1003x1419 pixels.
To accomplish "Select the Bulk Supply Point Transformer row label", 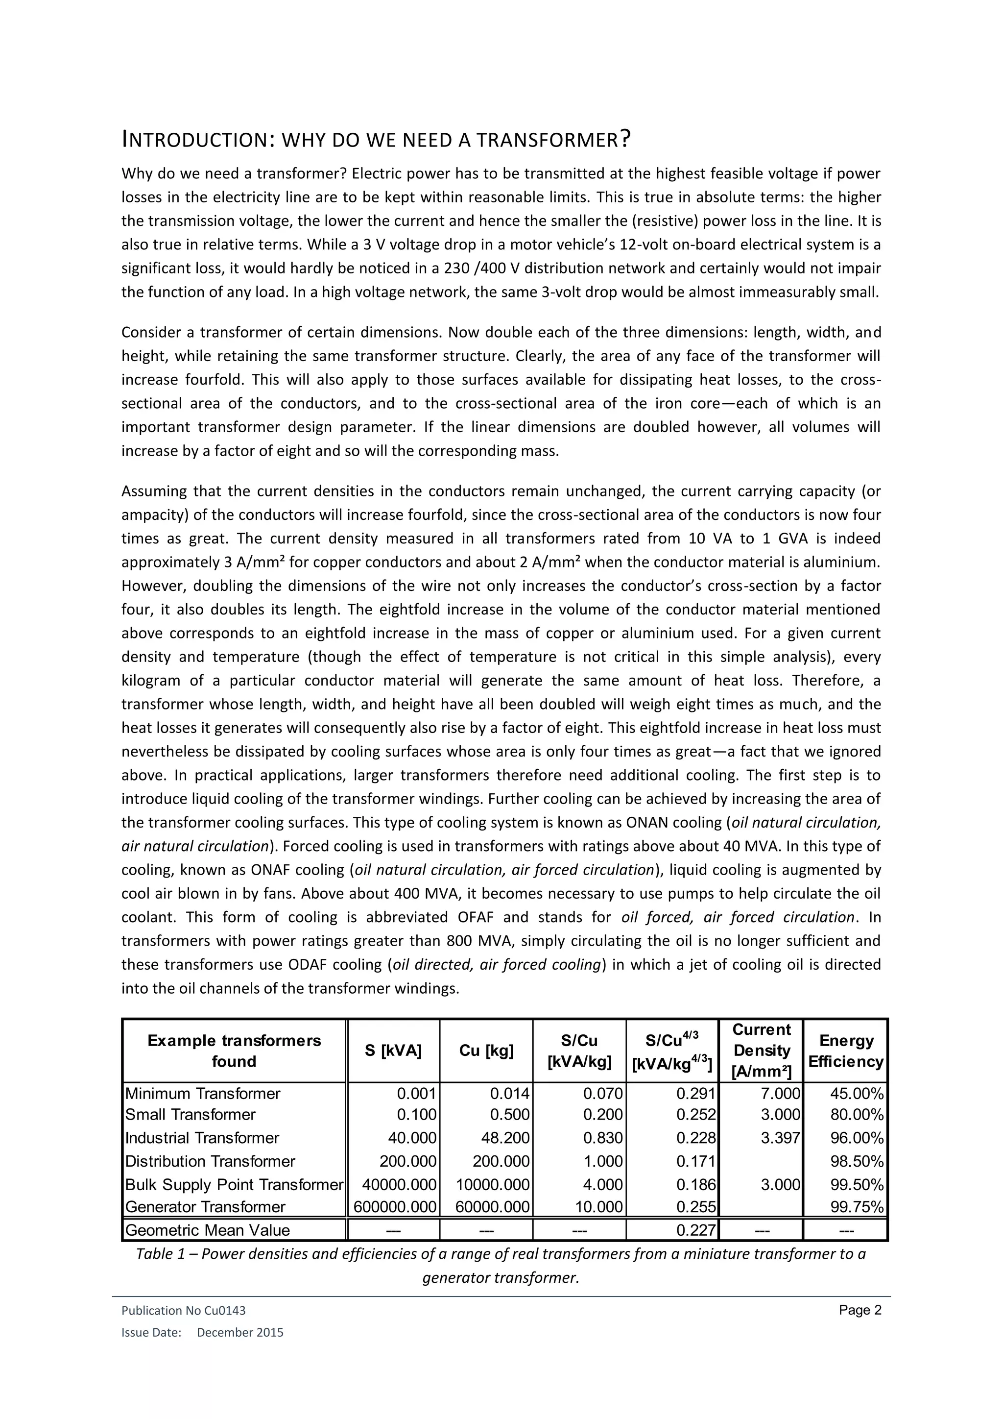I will (x=234, y=1185).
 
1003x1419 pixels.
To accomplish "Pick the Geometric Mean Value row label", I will (x=207, y=1230).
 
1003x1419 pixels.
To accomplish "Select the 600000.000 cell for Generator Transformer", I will (x=395, y=1206).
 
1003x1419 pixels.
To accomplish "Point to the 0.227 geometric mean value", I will (x=695, y=1230).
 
